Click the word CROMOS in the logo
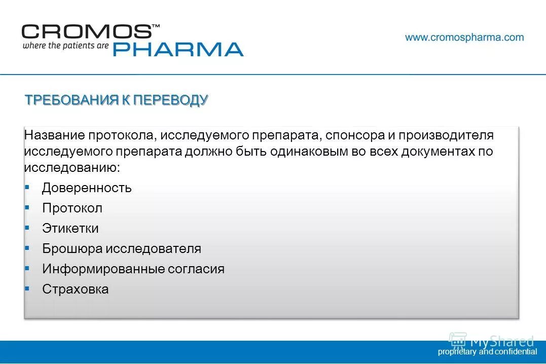pyautogui.click(x=86, y=32)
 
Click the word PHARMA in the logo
pyautogui.click(x=177, y=49)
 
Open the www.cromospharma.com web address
pyautogui.click(x=464, y=38)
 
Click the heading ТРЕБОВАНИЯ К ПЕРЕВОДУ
pyautogui.click(x=117, y=100)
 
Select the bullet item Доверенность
pyautogui.click(x=87, y=188)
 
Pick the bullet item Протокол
pyautogui.click(x=72, y=208)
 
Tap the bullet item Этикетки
pyautogui.click(x=70, y=229)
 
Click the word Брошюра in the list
pyautogui.click(x=72, y=249)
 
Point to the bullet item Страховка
pyautogui.click(x=75, y=289)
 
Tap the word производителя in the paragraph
pyautogui.click(x=446, y=136)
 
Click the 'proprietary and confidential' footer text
pyautogui.click(x=487, y=352)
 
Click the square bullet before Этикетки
pyautogui.click(x=27, y=228)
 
